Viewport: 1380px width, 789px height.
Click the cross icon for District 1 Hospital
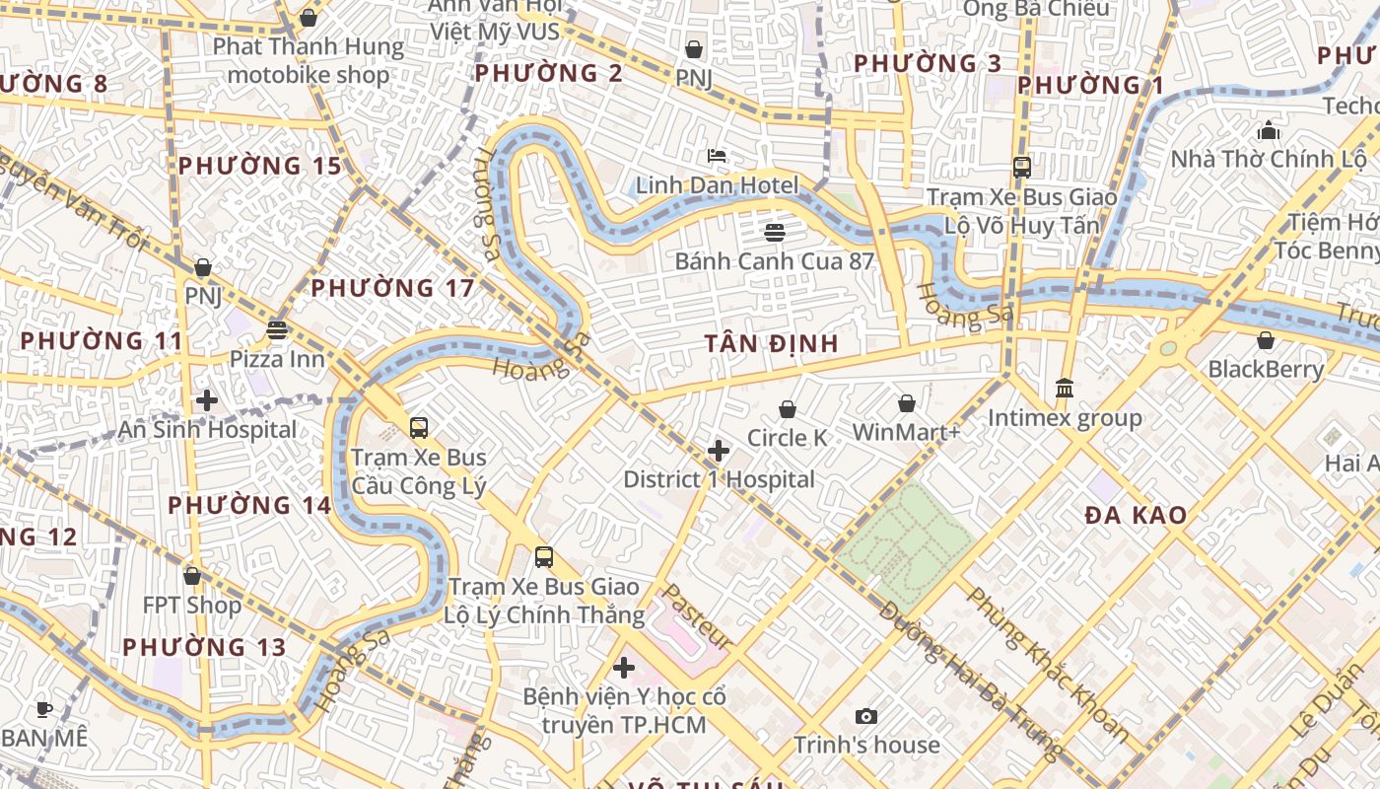[719, 451]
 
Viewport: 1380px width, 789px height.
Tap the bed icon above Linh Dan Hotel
[717, 156]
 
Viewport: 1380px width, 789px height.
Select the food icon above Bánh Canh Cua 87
[775, 233]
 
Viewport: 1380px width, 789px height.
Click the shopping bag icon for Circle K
[787, 409]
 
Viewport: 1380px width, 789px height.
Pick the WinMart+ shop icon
[906, 403]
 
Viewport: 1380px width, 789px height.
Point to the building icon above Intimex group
[1065, 389]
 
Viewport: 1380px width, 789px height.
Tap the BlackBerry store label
[1266, 369]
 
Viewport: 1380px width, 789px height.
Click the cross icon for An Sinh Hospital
[207, 400]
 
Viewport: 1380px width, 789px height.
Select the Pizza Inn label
[277, 358]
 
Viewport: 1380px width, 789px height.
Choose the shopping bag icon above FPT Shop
[192, 576]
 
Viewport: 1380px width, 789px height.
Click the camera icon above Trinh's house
[866, 716]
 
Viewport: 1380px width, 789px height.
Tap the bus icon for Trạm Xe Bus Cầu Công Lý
[419, 428]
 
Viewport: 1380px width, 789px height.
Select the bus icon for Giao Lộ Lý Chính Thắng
[544, 557]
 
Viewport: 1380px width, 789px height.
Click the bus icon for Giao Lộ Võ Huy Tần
[1022, 168]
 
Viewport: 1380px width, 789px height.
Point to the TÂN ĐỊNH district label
[771, 343]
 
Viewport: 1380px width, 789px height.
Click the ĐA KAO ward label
[1136, 515]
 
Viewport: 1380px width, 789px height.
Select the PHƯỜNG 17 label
[392, 288]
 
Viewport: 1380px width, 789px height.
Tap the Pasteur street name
[696, 615]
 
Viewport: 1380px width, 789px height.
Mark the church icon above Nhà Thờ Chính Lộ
[1268, 130]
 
